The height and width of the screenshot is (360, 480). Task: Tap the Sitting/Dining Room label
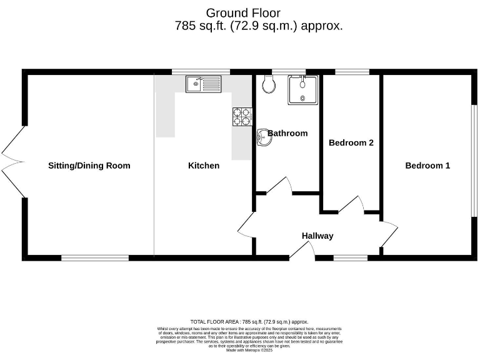89,166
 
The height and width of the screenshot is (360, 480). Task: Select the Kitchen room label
204,166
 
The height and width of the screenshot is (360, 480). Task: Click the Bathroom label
288,133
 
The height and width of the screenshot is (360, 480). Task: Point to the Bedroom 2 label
351,142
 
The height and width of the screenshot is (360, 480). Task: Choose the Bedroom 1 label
427,166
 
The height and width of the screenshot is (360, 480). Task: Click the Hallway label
317,236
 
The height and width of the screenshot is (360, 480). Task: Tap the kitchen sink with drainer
203,84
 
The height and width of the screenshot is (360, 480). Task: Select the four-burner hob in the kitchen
242,117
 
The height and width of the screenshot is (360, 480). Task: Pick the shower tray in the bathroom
302,90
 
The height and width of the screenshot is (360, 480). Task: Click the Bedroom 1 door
388,234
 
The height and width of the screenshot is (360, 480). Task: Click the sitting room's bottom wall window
95,257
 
